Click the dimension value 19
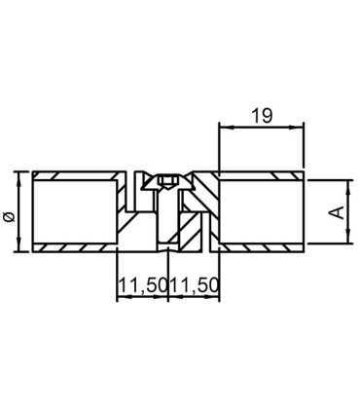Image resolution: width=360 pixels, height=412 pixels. (x=261, y=116)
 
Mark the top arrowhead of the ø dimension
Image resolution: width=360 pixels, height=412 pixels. (x=19, y=176)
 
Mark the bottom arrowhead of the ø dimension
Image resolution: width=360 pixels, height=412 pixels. (x=19, y=249)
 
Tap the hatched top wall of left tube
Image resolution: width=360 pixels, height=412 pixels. (x=78, y=176)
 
